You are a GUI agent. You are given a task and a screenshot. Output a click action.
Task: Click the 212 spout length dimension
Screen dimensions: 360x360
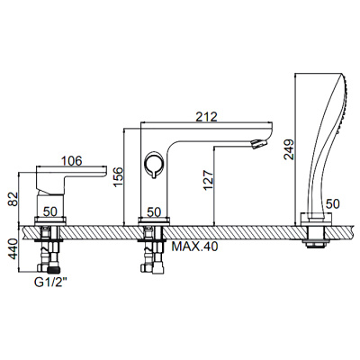pos(207,115)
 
